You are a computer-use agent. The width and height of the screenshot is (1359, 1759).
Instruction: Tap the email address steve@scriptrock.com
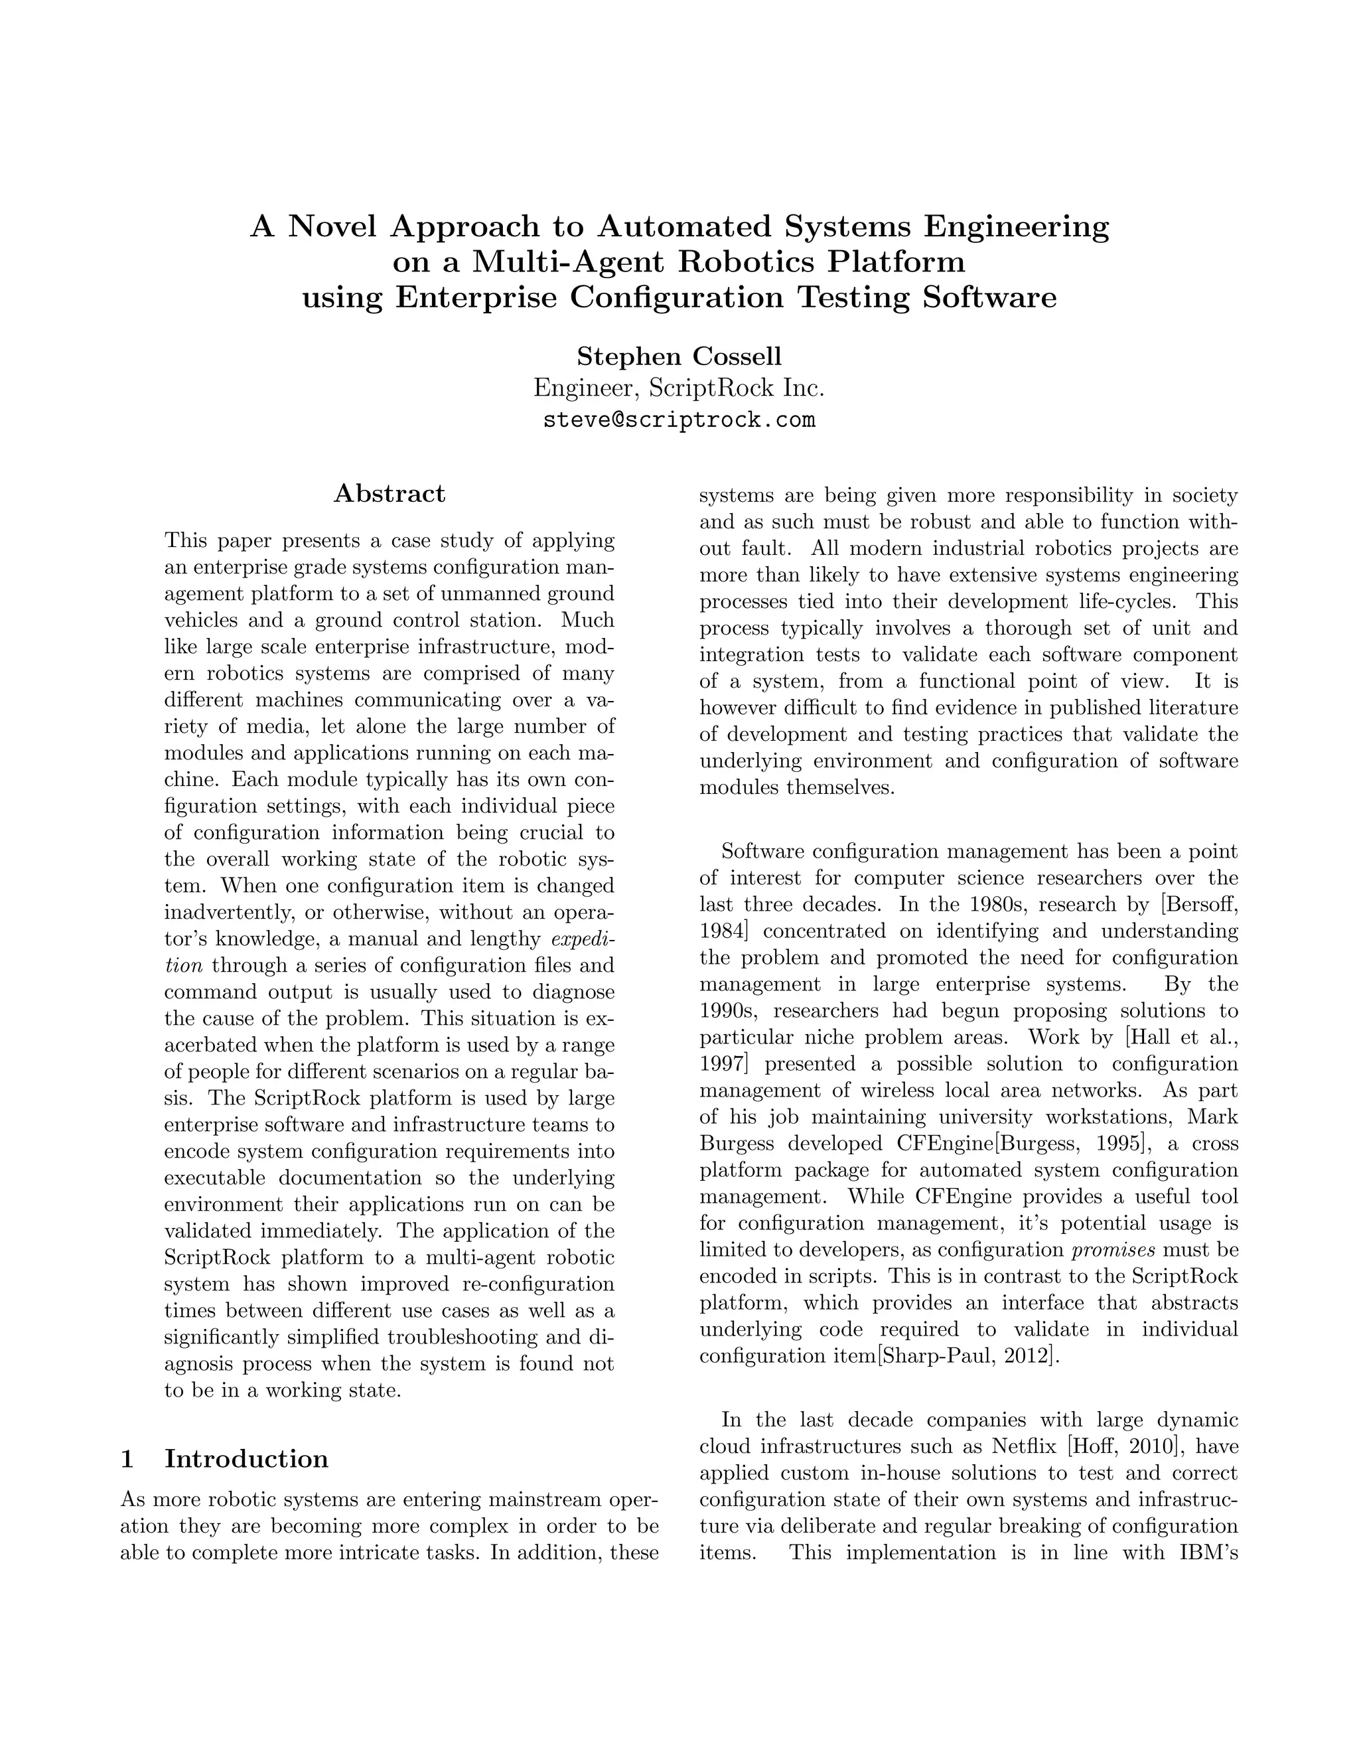679,420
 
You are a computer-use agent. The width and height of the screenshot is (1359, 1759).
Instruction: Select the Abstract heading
389,494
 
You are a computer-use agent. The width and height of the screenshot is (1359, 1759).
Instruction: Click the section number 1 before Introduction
127,1458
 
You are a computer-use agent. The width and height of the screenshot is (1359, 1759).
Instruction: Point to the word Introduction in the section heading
246,1458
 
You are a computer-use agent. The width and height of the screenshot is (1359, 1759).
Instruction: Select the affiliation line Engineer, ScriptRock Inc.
679,388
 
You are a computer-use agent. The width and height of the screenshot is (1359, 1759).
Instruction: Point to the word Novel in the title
332,226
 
